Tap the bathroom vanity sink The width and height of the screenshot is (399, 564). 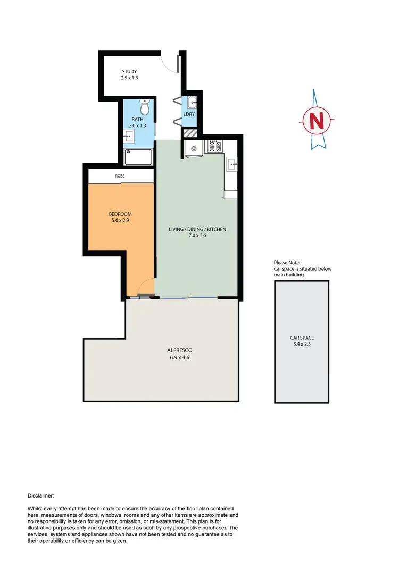coord(128,137)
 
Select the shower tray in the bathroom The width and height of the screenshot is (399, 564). coord(138,157)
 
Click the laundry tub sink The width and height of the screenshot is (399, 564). coord(192,102)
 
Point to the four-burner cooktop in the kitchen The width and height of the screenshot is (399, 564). coord(215,146)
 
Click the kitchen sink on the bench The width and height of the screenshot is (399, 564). coord(231,164)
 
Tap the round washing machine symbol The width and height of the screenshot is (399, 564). coord(194,149)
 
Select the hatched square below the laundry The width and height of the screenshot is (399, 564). coord(190,133)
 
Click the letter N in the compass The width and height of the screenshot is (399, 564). coord(317,120)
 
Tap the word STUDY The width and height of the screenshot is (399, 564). coord(129,71)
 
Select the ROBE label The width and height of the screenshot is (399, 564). coord(120,175)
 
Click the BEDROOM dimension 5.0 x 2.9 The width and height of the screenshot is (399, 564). coord(120,220)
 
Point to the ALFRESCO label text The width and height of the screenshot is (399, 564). coord(179,350)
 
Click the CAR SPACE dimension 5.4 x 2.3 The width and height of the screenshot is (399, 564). coord(302,344)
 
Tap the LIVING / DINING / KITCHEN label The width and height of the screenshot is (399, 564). coord(197,229)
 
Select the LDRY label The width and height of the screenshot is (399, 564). coord(189,114)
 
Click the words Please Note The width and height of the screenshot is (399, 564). coord(287,263)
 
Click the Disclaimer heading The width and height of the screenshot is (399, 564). coord(40,495)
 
